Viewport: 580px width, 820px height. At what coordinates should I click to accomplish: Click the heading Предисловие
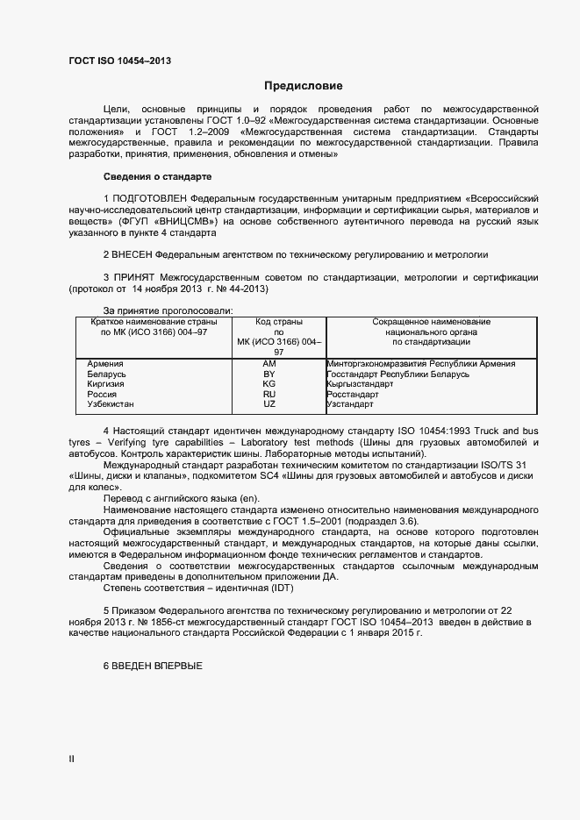pyautogui.click(x=303, y=86)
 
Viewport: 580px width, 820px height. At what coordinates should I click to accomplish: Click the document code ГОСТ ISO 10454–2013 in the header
pyautogui.click(x=119, y=61)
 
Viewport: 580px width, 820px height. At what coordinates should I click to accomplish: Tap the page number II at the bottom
pyautogui.click(x=72, y=759)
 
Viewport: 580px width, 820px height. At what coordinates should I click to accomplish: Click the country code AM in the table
pyautogui.click(x=269, y=363)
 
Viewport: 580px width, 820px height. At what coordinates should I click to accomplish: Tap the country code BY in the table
pyautogui.click(x=269, y=374)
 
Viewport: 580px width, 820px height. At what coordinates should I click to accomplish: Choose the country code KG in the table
pyautogui.click(x=269, y=384)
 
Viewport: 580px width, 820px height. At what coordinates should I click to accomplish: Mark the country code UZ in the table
pyautogui.click(x=269, y=404)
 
